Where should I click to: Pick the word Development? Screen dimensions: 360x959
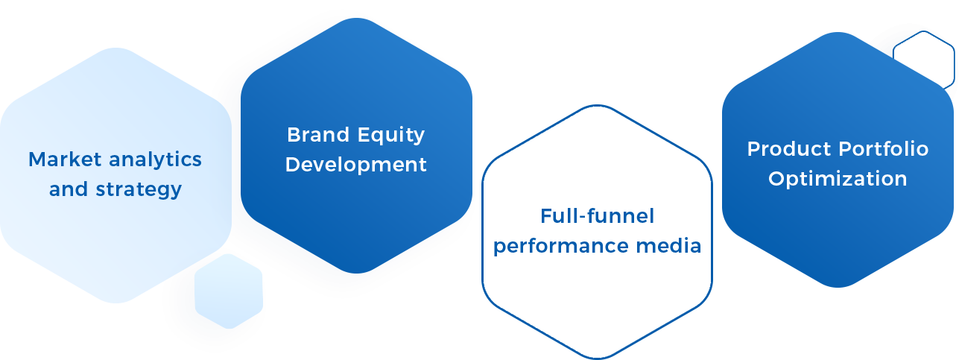pyautogui.click(x=356, y=165)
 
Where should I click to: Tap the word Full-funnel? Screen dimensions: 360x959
pyautogui.click(x=597, y=216)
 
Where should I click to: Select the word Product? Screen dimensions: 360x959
pyautogui.click(x=789, y=149)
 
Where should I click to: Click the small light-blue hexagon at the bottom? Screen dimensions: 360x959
pyautogui.click(x=229, y=291)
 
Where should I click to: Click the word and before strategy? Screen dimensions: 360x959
pyautogui.click(x=68, y=189)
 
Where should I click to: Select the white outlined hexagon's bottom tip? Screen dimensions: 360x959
pyautogui.click(x=597, y=356)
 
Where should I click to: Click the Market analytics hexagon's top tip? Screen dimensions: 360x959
pyautogui.click(x=115, y=48)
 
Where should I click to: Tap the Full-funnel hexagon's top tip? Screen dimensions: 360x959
pyautogui.click(x=597, y=106)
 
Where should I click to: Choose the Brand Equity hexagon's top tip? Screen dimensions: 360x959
pyautogui.click(x=356, y=18)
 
